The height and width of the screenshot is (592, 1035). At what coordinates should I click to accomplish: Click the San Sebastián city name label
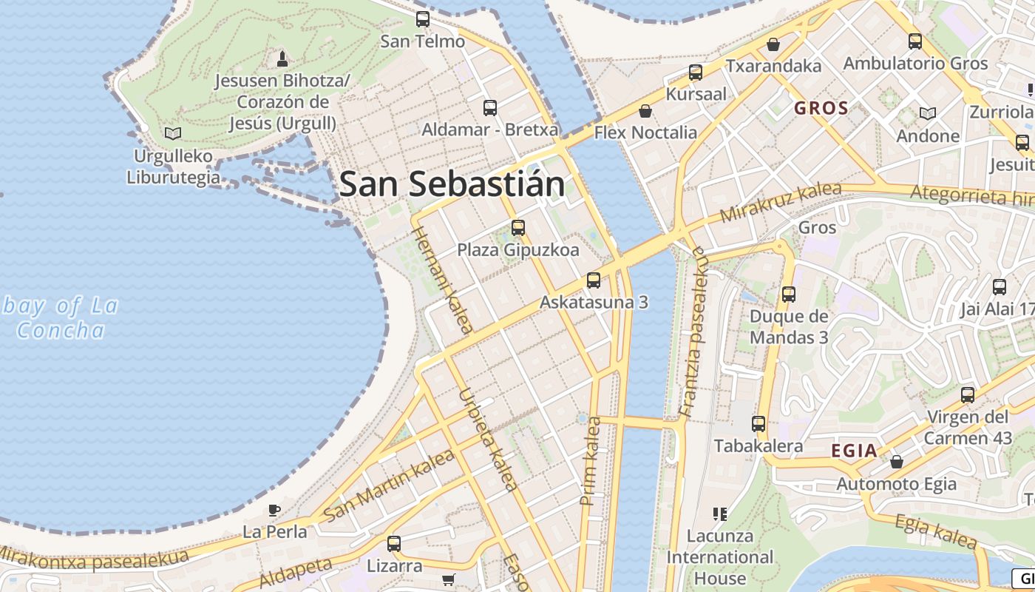452,184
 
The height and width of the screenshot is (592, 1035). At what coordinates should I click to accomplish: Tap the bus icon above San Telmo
423,19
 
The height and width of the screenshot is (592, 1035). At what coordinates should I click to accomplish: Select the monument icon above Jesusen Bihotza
281,58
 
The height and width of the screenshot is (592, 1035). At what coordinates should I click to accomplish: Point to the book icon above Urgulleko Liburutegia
173,134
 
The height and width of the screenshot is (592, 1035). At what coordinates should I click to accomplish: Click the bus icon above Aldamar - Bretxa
489,108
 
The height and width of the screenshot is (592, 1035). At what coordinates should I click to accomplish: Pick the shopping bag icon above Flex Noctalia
645,111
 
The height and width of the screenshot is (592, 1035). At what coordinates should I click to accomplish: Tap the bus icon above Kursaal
696,73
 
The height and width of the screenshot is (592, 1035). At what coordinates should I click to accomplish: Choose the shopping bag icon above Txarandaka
773,44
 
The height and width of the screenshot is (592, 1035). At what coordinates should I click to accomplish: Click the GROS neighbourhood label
821,108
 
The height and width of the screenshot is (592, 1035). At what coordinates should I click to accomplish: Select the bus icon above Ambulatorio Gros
915,41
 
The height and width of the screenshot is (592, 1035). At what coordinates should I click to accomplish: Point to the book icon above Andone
928,113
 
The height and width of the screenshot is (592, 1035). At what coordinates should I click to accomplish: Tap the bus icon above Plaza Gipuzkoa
518,228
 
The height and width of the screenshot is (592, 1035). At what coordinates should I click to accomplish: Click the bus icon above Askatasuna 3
594,280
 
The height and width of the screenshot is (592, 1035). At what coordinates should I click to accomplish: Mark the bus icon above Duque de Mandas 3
789,295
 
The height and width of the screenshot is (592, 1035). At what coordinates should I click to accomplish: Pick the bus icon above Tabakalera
759,424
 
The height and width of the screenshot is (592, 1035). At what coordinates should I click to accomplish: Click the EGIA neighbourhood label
854,451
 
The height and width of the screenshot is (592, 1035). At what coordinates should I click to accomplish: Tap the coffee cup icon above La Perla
274,510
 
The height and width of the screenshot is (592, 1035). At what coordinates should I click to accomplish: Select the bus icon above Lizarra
394,544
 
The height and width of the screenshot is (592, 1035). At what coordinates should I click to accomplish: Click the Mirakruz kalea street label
781,201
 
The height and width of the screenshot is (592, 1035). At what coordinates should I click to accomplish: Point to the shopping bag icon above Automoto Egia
897,462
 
